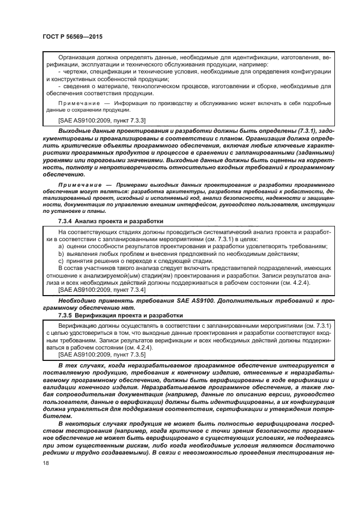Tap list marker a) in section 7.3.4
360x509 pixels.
click(x=61, y=247)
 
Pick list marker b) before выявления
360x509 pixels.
click(x=61, y=254)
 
